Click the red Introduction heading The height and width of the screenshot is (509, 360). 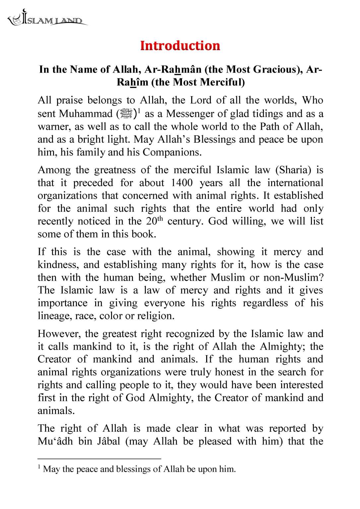(180, 46)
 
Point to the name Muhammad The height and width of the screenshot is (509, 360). (86, 114)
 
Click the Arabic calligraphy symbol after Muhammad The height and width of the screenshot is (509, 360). (126, 113)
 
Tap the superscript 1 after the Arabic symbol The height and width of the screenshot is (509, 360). (139, 111)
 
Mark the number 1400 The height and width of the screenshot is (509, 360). (182, 183)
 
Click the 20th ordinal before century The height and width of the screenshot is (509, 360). (155, 221)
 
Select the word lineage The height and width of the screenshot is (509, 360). (55, 316)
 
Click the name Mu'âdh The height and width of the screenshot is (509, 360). (55, 441)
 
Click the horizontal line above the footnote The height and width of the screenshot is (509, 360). (99, 459)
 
